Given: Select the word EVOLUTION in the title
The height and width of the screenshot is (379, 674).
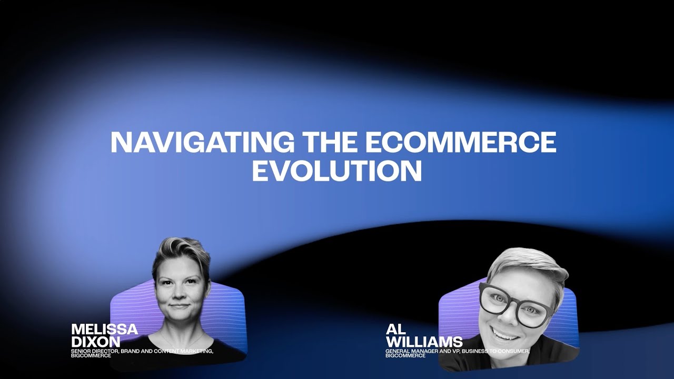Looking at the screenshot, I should click(337, 171).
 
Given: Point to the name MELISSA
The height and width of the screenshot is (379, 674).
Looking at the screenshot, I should click(105, 330).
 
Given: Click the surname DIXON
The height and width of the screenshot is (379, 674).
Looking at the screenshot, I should click(96, 341).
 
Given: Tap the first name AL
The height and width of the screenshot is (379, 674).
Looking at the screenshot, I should click(396, 330).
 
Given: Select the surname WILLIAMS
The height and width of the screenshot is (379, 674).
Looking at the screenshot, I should click(424, 342).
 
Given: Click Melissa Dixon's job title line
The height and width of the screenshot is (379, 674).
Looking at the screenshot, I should click(142, 351).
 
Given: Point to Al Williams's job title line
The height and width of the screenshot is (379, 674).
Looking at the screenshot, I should click(457, 351).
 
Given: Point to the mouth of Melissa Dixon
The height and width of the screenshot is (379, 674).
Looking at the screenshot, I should click(179, 306).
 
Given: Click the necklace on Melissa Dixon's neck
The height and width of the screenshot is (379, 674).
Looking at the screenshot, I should click(182, 337).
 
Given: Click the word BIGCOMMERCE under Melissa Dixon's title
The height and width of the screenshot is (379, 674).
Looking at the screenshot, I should click(91, 355).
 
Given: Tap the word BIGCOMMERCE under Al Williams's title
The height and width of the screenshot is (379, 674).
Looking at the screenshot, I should click(405, 355).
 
